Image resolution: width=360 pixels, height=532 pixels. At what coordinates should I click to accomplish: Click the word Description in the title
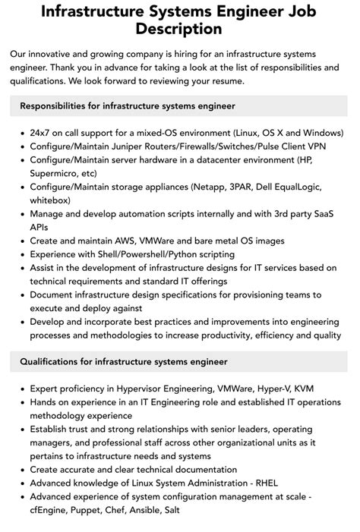pyautogui.click(x=179, y=29)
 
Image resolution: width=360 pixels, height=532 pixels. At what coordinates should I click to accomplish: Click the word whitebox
pyautogui.click(x=50, y=201)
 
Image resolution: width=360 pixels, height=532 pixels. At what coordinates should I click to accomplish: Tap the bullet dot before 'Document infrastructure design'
pyautogui.click(x=21, y=294)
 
